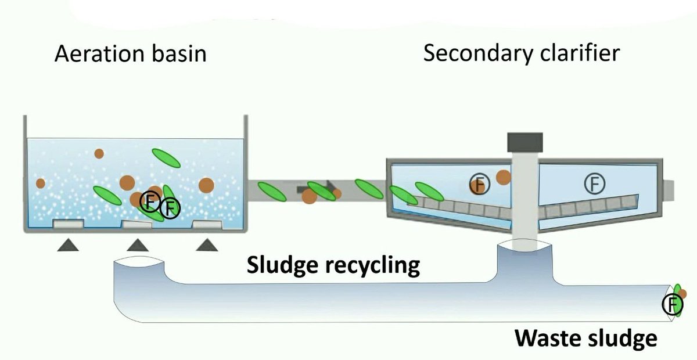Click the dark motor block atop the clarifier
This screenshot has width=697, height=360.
524,141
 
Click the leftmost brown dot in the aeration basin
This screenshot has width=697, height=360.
40,183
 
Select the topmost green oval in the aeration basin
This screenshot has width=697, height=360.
166,157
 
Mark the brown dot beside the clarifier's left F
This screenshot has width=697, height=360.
503,177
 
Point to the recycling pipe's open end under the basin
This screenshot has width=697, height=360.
138,268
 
